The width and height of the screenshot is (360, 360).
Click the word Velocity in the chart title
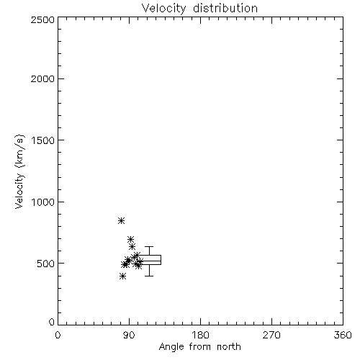[163, 9]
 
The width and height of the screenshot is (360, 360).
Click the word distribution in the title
[225, 8]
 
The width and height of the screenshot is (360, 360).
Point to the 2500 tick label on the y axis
[42, 19]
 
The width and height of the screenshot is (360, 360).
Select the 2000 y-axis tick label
[42, 78]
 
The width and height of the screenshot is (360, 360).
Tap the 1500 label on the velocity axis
[43, 140]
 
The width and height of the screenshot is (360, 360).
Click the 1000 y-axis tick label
[43, 202]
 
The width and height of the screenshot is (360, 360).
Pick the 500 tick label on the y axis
[46, 264]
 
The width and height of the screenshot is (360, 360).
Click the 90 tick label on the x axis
[129, 335]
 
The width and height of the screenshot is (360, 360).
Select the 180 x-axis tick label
[200, 335]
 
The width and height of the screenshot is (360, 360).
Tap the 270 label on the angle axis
[271, 335]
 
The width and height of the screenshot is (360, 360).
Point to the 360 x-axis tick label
[343, 335]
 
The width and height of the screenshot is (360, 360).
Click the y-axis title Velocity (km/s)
[19, 171]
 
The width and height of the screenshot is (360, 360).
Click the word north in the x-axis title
[229, 347]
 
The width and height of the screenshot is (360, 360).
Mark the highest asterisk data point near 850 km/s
[122, 220]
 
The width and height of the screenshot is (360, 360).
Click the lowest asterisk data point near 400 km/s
[122, 276]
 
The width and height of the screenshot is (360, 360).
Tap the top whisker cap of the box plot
[149, 246]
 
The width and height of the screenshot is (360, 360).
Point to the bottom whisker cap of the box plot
[149, 276]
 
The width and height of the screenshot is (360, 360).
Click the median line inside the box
[149, 261]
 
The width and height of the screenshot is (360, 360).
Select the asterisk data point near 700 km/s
[130, 239]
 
